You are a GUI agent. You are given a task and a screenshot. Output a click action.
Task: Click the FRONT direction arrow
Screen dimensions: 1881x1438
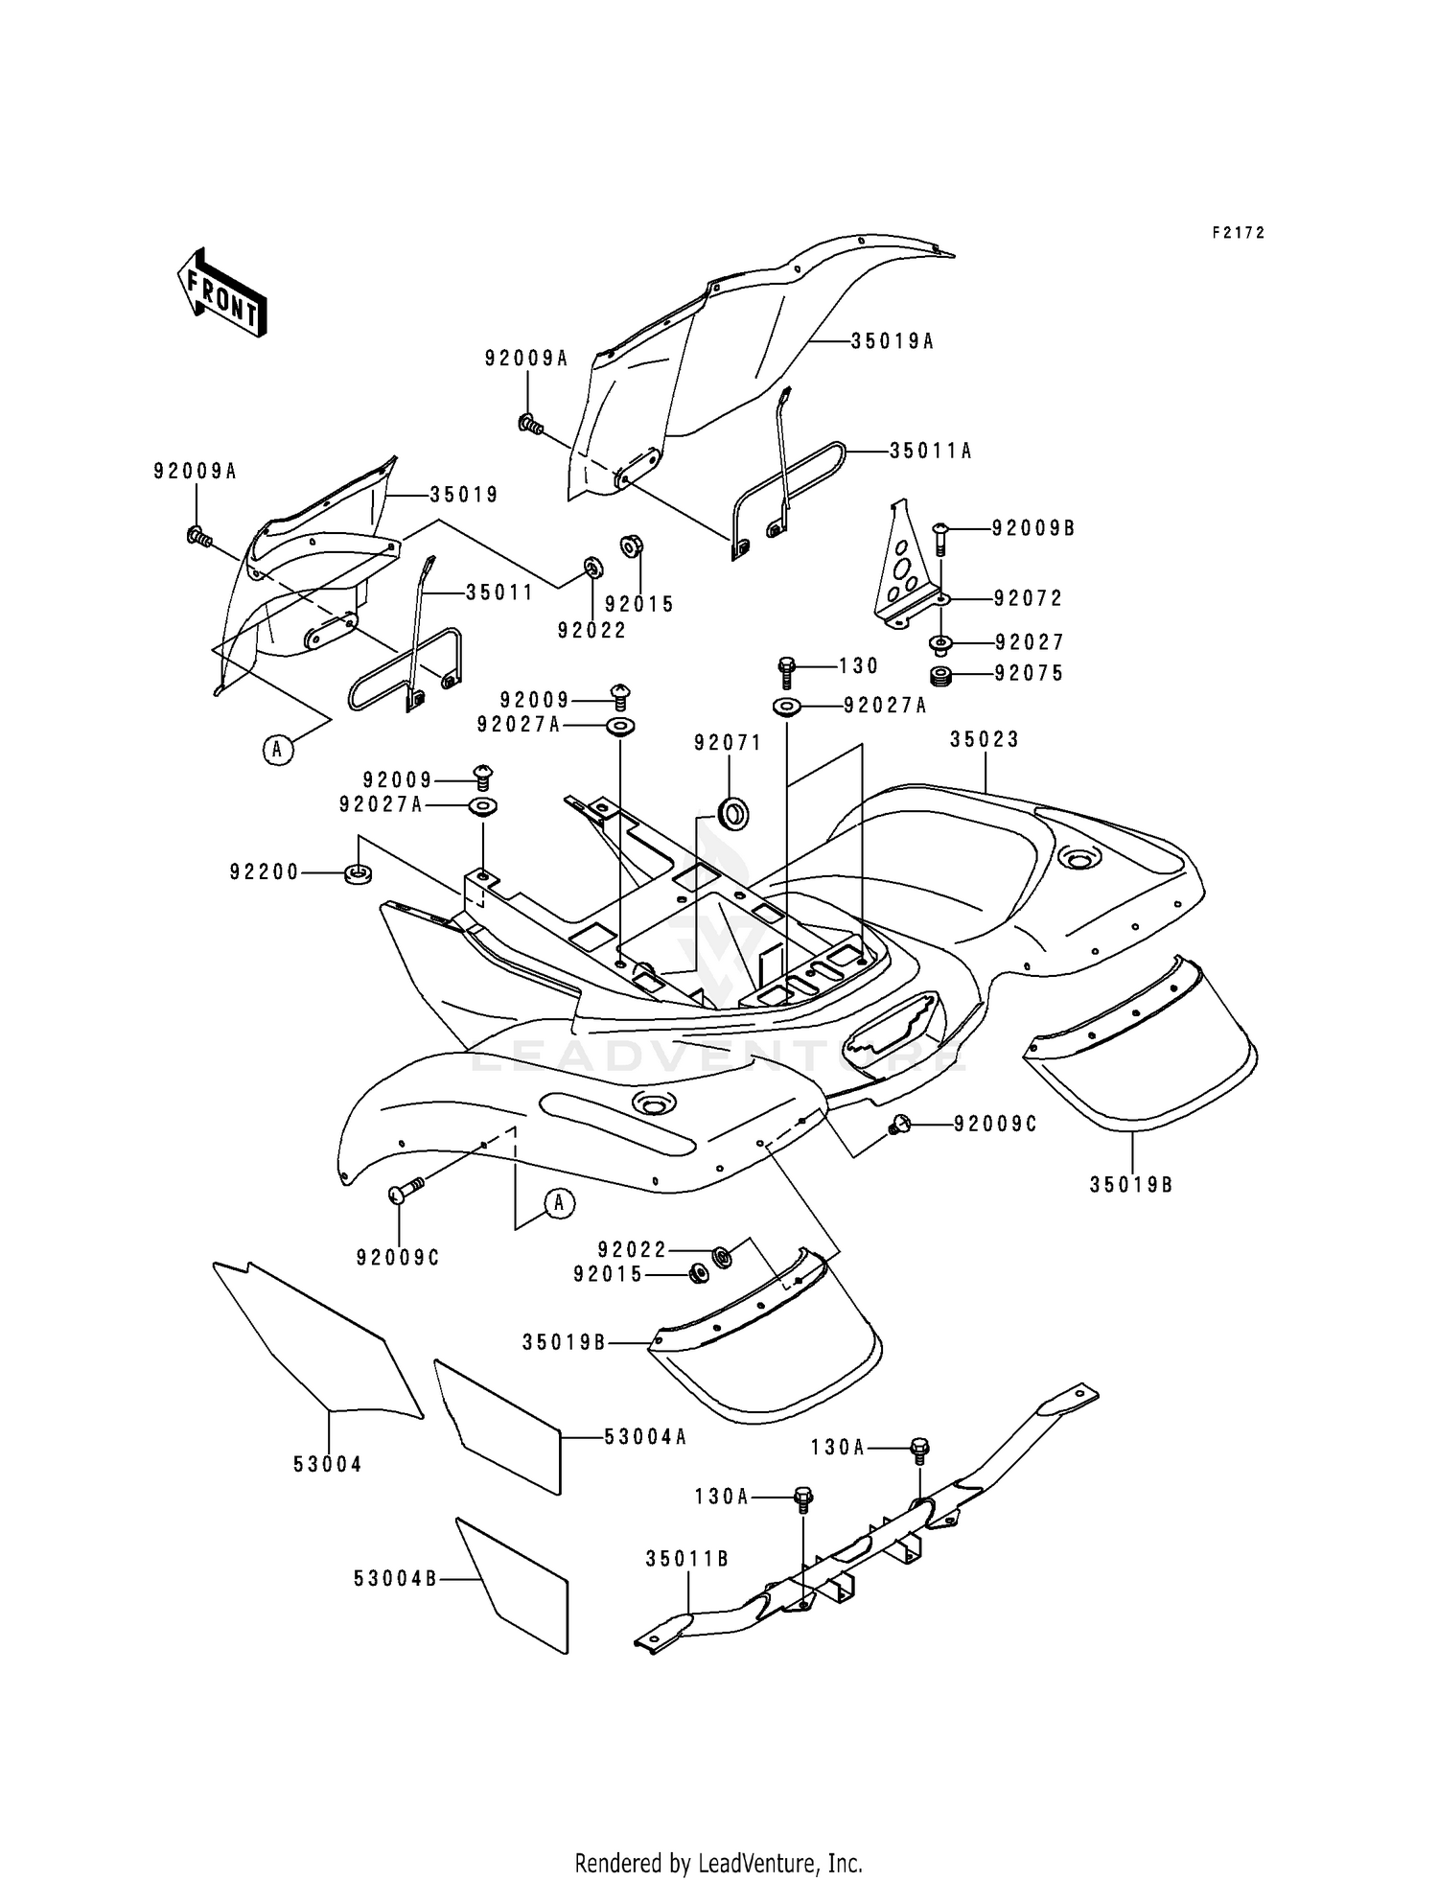click(221, 292)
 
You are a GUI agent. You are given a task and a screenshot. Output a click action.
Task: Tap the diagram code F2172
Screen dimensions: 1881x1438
click(1238, 233)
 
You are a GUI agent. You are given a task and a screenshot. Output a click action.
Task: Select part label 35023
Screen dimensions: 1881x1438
click(985, 739)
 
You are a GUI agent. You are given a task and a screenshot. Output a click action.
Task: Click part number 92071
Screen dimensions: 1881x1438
click(728, 742)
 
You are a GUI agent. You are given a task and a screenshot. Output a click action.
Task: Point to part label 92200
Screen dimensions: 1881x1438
click(265, 872)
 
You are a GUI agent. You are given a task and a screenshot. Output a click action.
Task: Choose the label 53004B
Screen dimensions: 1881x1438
click(395, 1578)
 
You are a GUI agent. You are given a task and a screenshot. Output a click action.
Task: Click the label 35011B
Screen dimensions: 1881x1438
click(686, 1559)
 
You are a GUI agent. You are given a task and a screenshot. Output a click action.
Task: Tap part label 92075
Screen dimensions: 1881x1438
click(1029, 674)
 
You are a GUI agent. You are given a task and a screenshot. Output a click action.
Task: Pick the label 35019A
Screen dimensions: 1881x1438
click(892, 340)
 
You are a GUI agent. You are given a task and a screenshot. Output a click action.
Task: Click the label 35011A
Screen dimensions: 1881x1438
click(930, 451)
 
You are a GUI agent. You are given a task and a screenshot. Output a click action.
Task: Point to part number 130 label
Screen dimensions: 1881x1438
click(858, 665)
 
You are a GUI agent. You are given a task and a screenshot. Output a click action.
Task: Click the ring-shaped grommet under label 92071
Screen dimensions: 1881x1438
click(734, 815)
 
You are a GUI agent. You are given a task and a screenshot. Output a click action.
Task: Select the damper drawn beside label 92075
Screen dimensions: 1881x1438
click(941, 677)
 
